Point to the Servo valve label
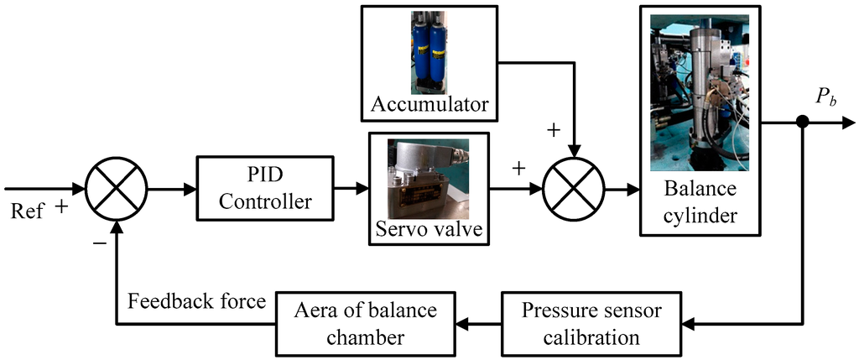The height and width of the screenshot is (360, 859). tap(428, 229)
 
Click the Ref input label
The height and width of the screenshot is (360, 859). tap(28, 210)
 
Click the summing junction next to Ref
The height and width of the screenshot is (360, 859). tap(117, 190)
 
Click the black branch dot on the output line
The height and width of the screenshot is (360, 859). tap(802, 123)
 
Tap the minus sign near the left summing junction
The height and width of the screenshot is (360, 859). tap(100, 243)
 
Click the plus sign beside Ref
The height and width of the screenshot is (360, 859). tap(61, 206)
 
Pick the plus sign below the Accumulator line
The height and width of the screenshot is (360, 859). tap(554, 131)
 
